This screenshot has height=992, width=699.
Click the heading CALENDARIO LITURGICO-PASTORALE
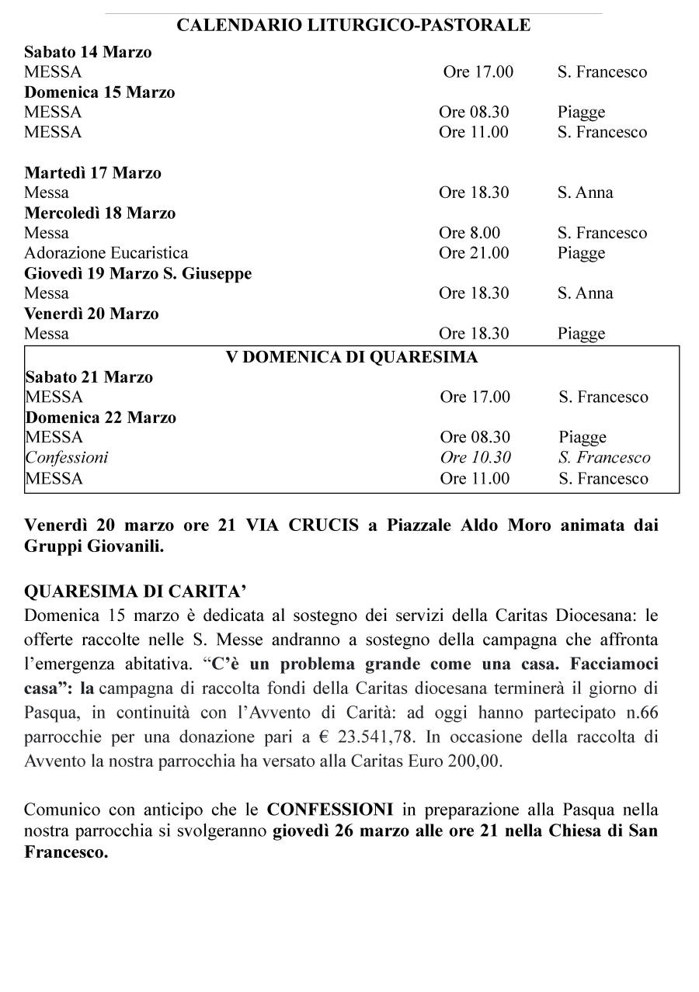(353, 26)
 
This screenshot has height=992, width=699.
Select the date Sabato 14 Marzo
(88, 52)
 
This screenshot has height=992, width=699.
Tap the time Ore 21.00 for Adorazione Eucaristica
(474, 253)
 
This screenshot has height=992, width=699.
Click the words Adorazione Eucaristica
(106, 253)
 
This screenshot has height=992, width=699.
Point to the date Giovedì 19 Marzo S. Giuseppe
(137, 273)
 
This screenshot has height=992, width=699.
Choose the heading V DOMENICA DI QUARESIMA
(352, 357)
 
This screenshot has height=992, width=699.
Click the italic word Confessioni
(67, 457)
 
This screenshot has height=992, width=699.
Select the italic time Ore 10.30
(475, 457)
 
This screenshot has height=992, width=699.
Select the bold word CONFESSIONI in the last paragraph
(330, 810)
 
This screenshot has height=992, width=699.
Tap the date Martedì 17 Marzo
(92, 172)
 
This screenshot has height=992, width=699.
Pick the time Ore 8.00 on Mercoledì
(469, 233)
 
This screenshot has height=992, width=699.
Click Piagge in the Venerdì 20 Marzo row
(581, 334)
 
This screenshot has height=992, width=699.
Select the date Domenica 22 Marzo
(101, 417)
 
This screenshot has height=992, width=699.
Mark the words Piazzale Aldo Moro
(464, 525)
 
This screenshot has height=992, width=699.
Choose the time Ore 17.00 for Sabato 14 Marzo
(478, 72)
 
